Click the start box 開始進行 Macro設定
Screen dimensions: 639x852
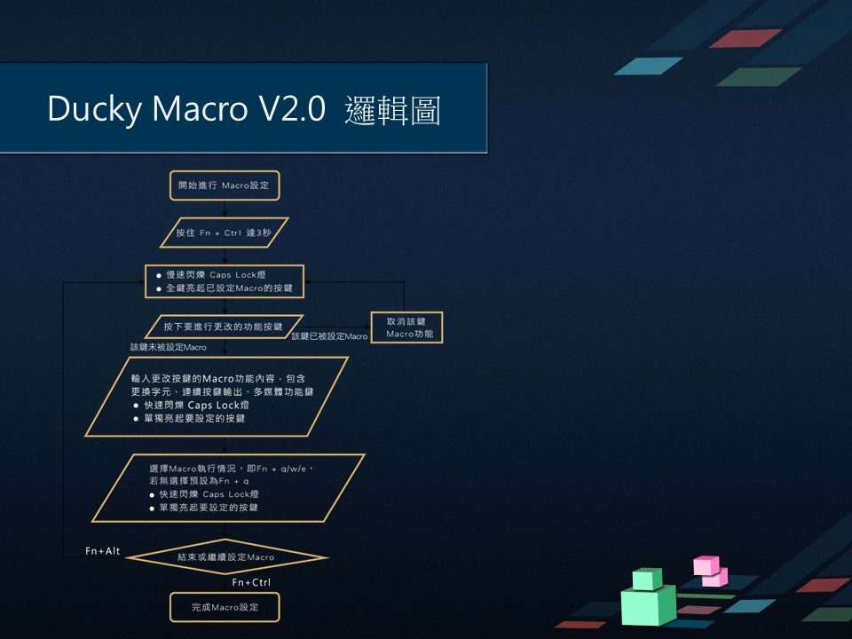tap(225, 186)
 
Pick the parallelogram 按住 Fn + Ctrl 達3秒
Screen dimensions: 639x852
tap(225, 233)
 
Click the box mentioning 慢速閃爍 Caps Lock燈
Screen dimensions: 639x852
tap(225, 281)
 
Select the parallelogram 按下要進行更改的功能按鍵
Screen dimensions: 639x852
tap(224, 327)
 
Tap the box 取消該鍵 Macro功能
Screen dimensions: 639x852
tap(406, 327)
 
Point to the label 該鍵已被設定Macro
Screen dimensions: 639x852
tap(329, 337)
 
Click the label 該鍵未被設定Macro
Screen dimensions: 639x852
tap(169, 347)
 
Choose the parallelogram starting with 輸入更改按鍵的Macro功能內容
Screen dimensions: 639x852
tap(217, 398)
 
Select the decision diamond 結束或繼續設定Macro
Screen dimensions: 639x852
tap(225, 557)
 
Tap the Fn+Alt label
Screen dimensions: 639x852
tap(103, 552)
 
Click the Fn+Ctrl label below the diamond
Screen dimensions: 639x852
tap(251, 583)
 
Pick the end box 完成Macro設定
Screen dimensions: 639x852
tap(225, 608)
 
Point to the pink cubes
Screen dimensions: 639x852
tap(710, 571)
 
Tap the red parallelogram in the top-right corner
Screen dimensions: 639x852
tap(745, 38)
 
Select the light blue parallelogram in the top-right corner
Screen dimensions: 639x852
tap(648, 66)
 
